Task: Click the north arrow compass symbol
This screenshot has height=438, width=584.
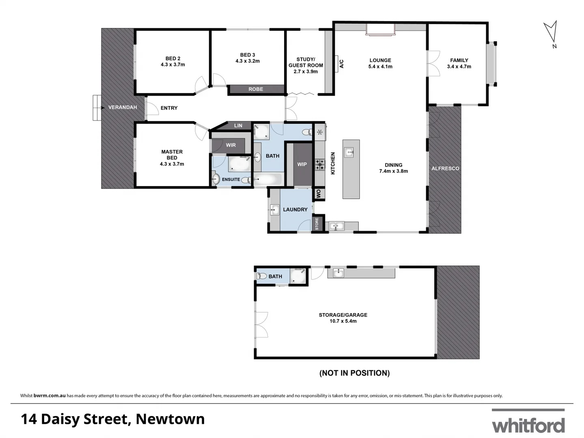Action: click(x=550, y=32)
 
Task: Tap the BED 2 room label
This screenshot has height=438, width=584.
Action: click(x=173, y=58)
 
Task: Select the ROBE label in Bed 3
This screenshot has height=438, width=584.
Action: click(x=256, y=89)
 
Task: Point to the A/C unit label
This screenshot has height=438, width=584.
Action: click(x=341, y=64)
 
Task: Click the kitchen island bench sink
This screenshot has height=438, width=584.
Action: click(x=349, y=152)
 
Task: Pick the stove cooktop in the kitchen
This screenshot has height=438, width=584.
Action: click(x=320, y=164)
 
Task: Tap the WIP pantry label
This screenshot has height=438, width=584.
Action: click(x=302, y=164)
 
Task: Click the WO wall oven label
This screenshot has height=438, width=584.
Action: click(x=319, y=194)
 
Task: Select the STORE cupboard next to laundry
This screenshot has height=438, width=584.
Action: click(x=317, y=223)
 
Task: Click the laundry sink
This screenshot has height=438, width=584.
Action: click(x=275, y=210)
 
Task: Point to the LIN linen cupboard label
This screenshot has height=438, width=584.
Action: click(x=238, y=126)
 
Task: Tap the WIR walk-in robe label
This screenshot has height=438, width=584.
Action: click(x=231, y=145)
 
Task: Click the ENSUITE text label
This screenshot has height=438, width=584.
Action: click(x=231, y=179)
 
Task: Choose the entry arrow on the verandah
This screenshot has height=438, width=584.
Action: click(x=97, y=107)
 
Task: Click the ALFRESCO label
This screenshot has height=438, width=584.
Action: click(x=445, y=168)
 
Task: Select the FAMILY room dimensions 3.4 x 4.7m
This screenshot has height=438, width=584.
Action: click(x=459, y=67)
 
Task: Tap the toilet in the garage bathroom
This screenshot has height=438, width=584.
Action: click(x=261, y=276)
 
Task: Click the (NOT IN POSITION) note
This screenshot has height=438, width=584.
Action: click(x=354, y=373)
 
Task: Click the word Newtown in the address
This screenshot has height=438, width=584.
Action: click(x=170, y=419)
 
